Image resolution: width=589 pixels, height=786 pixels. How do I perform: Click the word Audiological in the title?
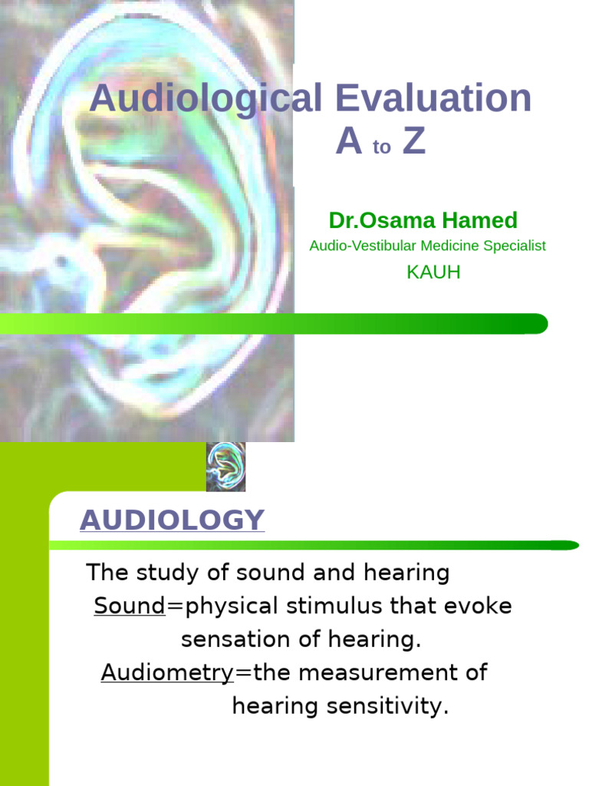coord(206,100)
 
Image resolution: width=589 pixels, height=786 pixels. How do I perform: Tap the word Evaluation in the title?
coord(433,100)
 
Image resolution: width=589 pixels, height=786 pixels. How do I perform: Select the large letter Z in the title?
coord(414,142)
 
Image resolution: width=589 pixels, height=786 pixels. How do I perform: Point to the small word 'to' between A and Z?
coord(382,148)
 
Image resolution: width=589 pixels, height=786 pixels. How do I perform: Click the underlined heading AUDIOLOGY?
coord(172,520)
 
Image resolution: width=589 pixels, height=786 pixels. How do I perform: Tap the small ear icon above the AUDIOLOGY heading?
coord(225,467)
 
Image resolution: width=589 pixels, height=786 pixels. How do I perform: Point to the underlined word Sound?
coord(130,606)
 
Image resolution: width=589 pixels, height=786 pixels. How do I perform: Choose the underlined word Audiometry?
coord(167,673)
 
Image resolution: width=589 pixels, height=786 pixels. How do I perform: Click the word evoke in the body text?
coord(479,606)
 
